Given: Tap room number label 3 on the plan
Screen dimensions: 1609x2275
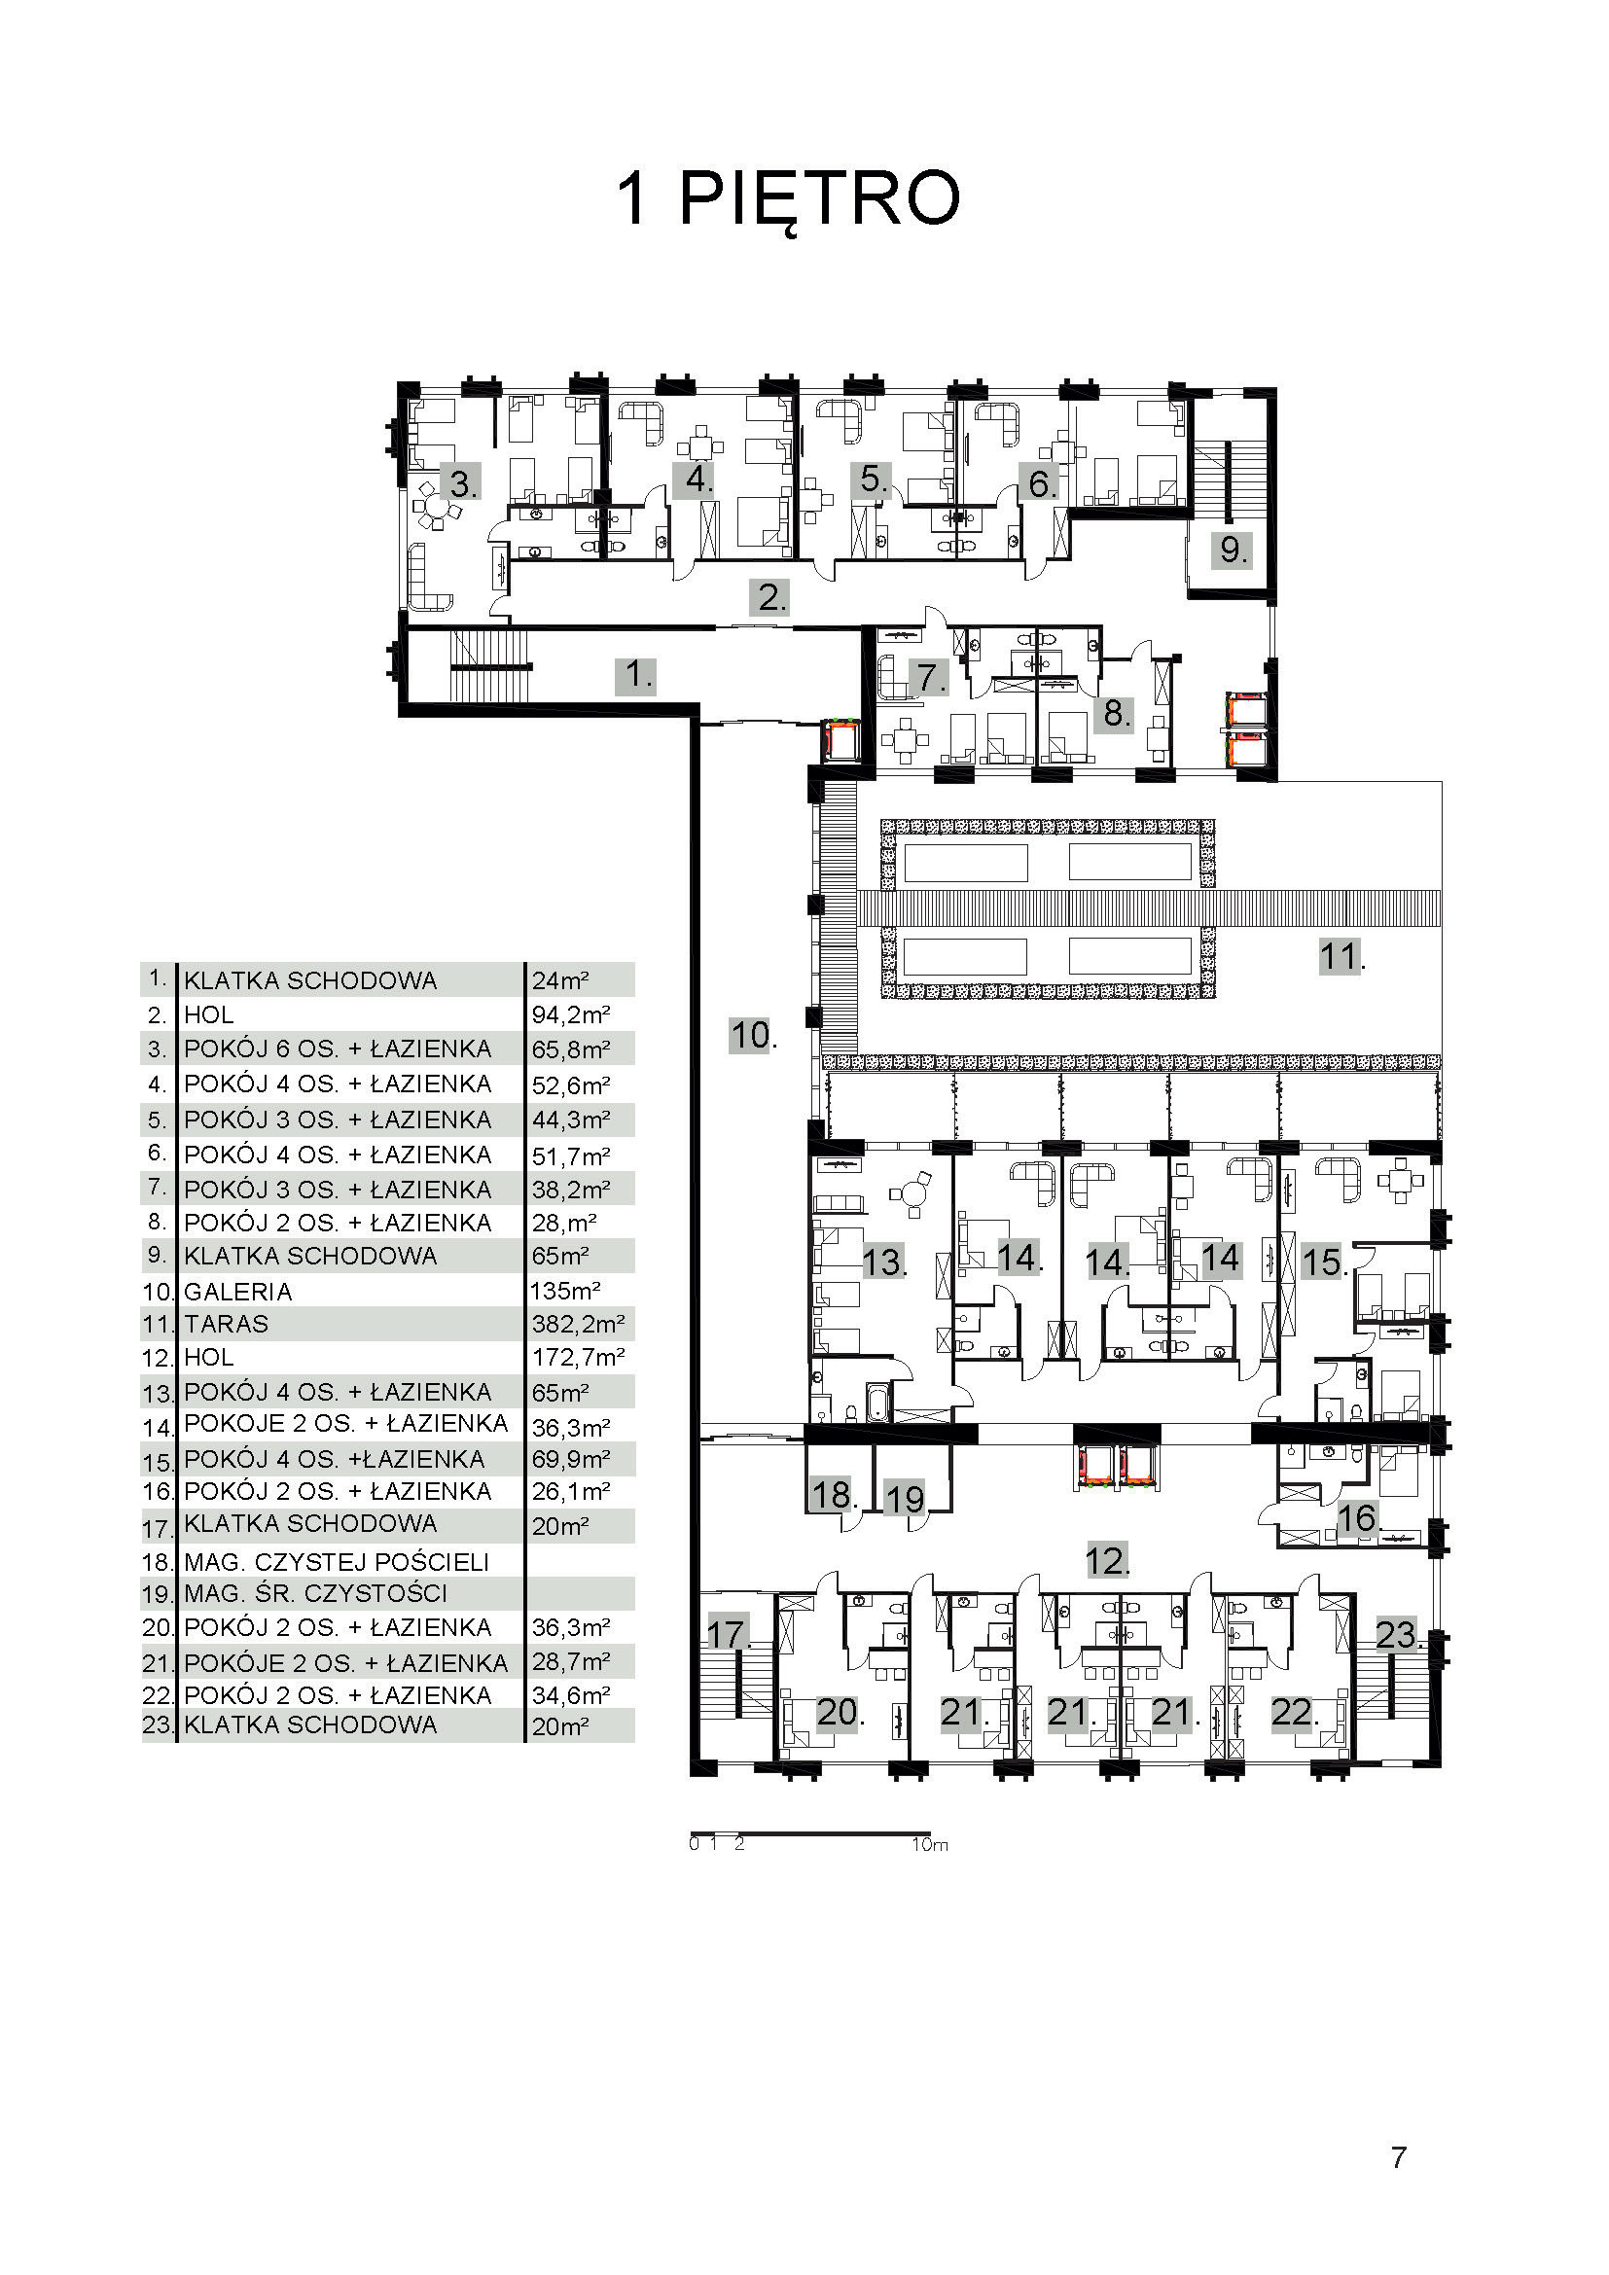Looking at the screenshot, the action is tap(462, 483).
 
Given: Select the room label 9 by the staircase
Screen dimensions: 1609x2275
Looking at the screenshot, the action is tap(1231, 549).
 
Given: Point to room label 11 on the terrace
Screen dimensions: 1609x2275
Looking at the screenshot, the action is tap(1341, 956).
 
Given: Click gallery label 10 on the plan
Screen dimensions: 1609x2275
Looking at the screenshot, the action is tap(752, 1035).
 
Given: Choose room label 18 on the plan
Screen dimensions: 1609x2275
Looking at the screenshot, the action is tap(834, 1493).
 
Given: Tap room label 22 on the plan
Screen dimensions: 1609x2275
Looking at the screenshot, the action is tap(1294, 1712).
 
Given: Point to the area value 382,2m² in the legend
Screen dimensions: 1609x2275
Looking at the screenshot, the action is tap(579, 1324).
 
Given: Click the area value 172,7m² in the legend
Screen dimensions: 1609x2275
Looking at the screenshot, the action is tap(579, 1357).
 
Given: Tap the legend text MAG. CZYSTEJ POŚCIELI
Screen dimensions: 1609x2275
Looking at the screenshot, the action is tap(337, 1563).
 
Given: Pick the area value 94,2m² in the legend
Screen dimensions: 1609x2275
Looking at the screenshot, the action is tap(571, 1014).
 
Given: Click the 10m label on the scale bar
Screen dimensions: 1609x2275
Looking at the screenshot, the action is tap(930, 1845).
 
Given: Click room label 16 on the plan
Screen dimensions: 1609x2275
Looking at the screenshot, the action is tap(1358, 1517).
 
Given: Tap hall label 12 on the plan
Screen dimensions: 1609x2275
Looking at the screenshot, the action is tap(1108, 1560).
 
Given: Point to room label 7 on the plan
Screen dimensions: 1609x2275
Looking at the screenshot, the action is tap(929, 678).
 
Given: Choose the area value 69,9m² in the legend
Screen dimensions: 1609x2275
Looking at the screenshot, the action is tap(571, 1460).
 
